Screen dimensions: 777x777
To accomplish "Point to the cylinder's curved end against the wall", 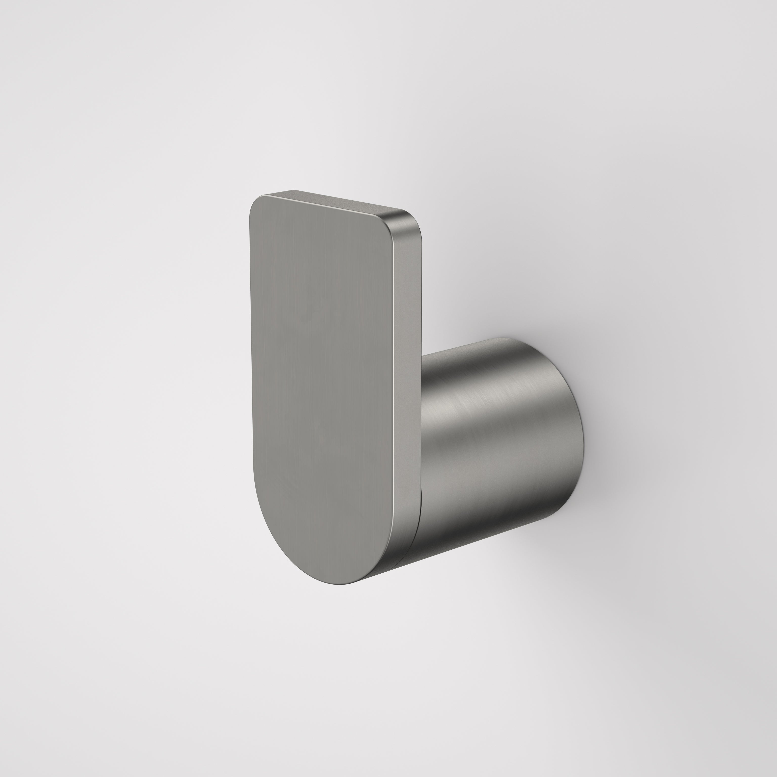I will pos(579,434).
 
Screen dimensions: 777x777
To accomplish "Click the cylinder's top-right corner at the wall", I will pos(519,340).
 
